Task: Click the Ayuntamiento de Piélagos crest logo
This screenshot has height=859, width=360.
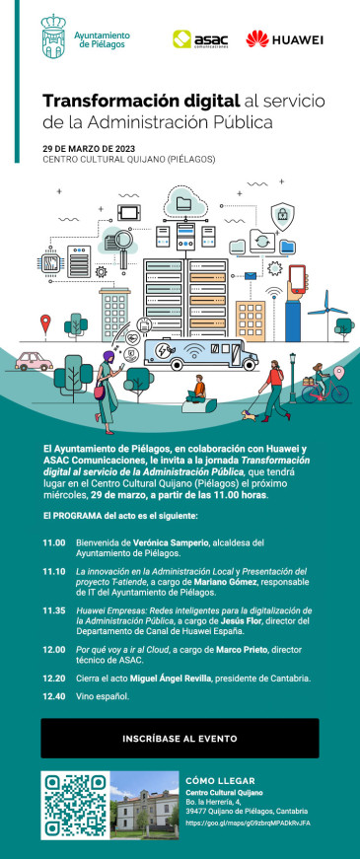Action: coord(55,38)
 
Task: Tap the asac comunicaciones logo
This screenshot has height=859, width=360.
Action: coord(195,39)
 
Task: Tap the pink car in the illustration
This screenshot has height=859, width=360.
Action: coord(35,361)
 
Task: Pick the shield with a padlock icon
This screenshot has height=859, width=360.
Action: coord(281,213)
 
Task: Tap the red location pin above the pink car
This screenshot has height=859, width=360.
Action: coord(45,322)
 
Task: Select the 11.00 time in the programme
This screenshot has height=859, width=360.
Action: coord(54,542)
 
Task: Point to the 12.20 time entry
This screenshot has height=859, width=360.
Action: coord(54,650)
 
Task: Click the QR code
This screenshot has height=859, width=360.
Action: coord(74,805)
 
